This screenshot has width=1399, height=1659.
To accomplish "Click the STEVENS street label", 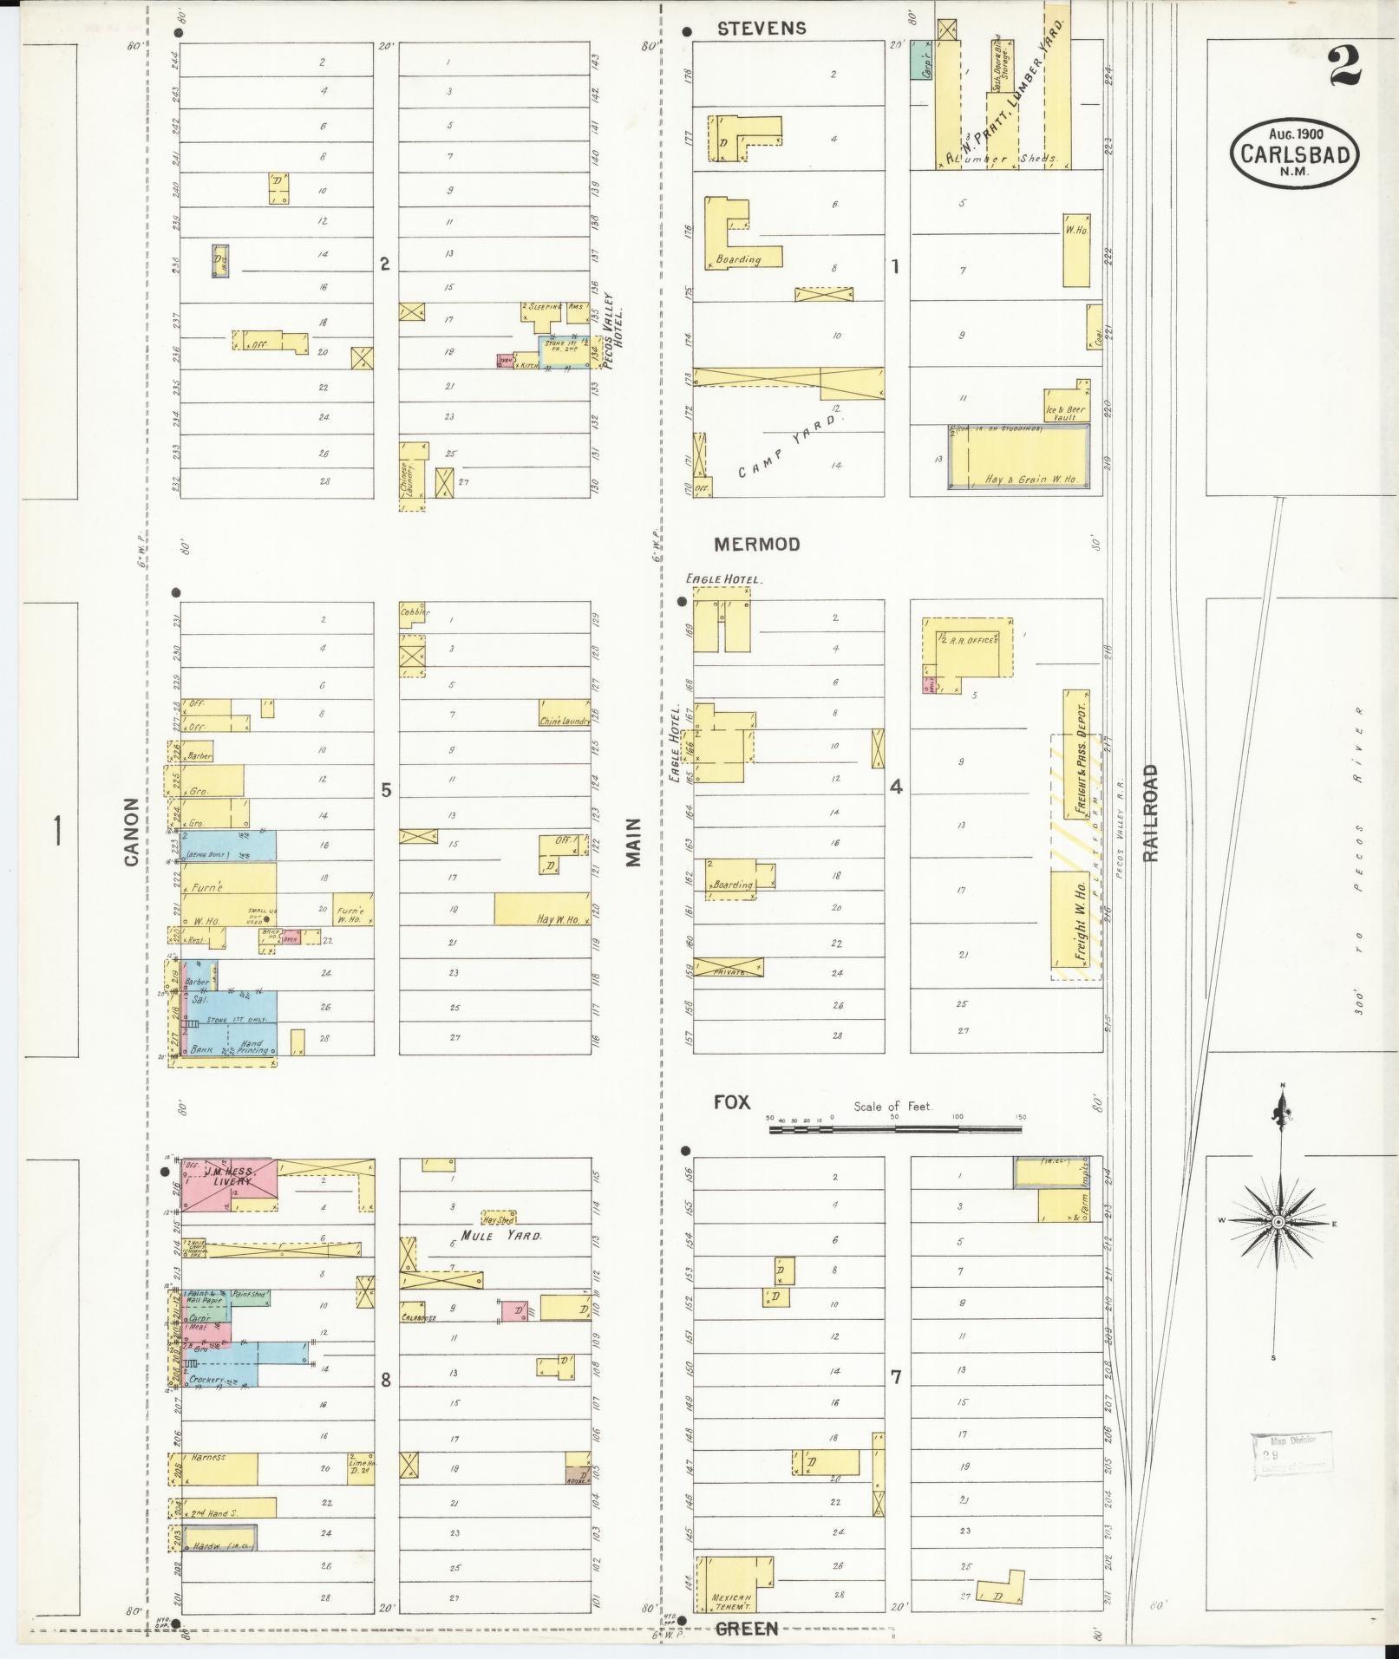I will pos(762,29).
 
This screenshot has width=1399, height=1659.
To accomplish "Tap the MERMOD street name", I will pos(756,545).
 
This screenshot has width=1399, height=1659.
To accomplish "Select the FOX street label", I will pos(731,1102).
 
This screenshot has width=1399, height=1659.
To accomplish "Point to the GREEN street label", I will pos(746,1630).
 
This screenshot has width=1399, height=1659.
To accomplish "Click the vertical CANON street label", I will pos(132,832).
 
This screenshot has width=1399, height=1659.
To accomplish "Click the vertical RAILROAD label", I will pos(1150,813).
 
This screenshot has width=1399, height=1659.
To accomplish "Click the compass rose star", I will pos(1278,1222).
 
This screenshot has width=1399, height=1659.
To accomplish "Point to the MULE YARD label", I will pos(500,1235).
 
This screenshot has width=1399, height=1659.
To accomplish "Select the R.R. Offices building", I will pos(970,647).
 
